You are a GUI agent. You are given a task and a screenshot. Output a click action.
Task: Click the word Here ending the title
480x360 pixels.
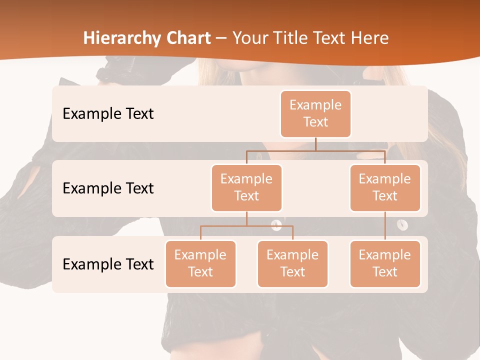pyautogui.click(x=370, y=38)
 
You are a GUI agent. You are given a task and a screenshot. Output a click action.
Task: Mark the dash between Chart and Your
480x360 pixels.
pyautogui.click(x=221, y=38)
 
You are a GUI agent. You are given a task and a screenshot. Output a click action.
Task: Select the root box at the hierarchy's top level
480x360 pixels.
pyautogui.click(x=315, y=113)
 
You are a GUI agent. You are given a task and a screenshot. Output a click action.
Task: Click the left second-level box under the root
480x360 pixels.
pyautogui.click(x=246, y=187)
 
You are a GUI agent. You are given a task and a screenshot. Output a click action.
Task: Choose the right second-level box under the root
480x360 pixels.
pyautogui.click(x=385, y=187)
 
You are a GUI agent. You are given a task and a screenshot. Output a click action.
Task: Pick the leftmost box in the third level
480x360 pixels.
pyautogui.click(x=200, y=263)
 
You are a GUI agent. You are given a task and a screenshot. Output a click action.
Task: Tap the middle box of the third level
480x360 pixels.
pyautogui.click(x=292, y=263)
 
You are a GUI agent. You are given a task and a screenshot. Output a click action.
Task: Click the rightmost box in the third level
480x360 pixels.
pyautogui.click(x=385, y=263)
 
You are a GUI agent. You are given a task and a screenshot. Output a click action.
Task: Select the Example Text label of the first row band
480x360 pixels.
pyautogui.click(x=108, y=114)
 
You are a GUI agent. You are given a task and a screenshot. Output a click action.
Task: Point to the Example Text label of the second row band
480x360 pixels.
pyautogui.click(x=108, y=188)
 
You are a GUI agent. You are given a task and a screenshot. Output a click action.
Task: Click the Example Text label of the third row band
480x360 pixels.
pyautogui.click(x=108, y=264)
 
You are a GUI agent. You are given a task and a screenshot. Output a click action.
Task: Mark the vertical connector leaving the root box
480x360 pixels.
pyautogui.click(x=315, y=144)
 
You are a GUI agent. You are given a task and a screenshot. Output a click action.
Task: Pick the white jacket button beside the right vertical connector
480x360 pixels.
pyautogui.click(x=402, y=225)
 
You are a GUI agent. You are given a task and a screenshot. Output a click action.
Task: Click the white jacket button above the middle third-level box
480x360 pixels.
pyautogui.click(x=276, y=225)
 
